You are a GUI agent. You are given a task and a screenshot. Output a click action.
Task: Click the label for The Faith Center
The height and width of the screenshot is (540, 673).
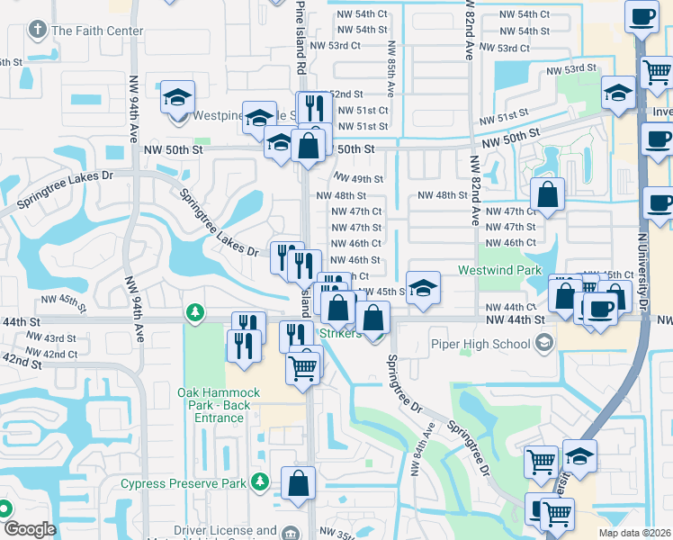click(97, 31)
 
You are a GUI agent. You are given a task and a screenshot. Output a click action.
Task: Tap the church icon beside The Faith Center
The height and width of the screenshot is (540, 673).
click(37, 30)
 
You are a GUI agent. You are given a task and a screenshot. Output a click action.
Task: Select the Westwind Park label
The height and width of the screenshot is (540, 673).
click(499, 269)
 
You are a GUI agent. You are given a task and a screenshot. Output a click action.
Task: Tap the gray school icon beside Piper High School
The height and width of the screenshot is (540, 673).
click(543, 343)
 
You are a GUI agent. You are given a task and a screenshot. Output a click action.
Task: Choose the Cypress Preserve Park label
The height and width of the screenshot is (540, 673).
click(184, 483)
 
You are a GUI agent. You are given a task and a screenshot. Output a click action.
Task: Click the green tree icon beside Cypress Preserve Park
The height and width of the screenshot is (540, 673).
click(260, 483)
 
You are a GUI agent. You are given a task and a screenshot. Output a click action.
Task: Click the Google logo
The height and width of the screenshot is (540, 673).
click(29, 529)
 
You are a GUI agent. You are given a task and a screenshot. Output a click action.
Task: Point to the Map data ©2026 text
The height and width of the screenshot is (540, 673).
click(635, 533)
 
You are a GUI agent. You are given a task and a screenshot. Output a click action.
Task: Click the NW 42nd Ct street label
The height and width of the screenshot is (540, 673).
click(60, 354)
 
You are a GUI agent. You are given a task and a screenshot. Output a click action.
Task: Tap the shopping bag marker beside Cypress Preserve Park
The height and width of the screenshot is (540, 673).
click(298, 483)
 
